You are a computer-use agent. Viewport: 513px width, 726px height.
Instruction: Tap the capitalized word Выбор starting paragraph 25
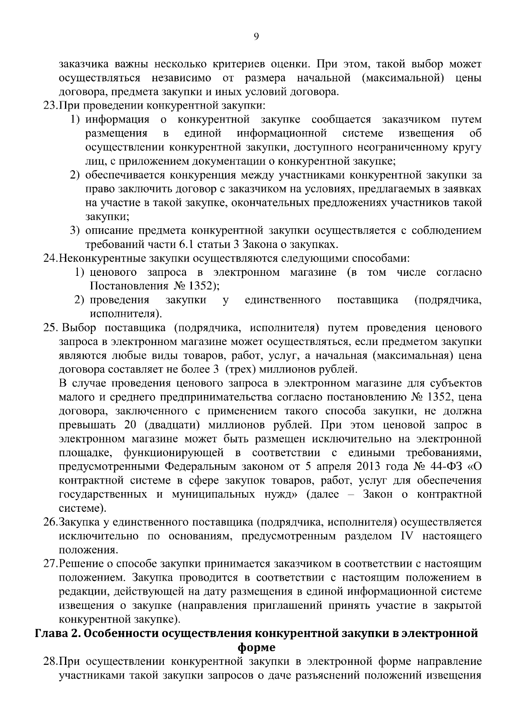pos(80,328)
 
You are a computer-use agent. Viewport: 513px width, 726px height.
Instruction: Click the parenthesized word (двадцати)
pos(173,425)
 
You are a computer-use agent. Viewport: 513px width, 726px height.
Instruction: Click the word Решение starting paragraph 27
pos(79,564)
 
